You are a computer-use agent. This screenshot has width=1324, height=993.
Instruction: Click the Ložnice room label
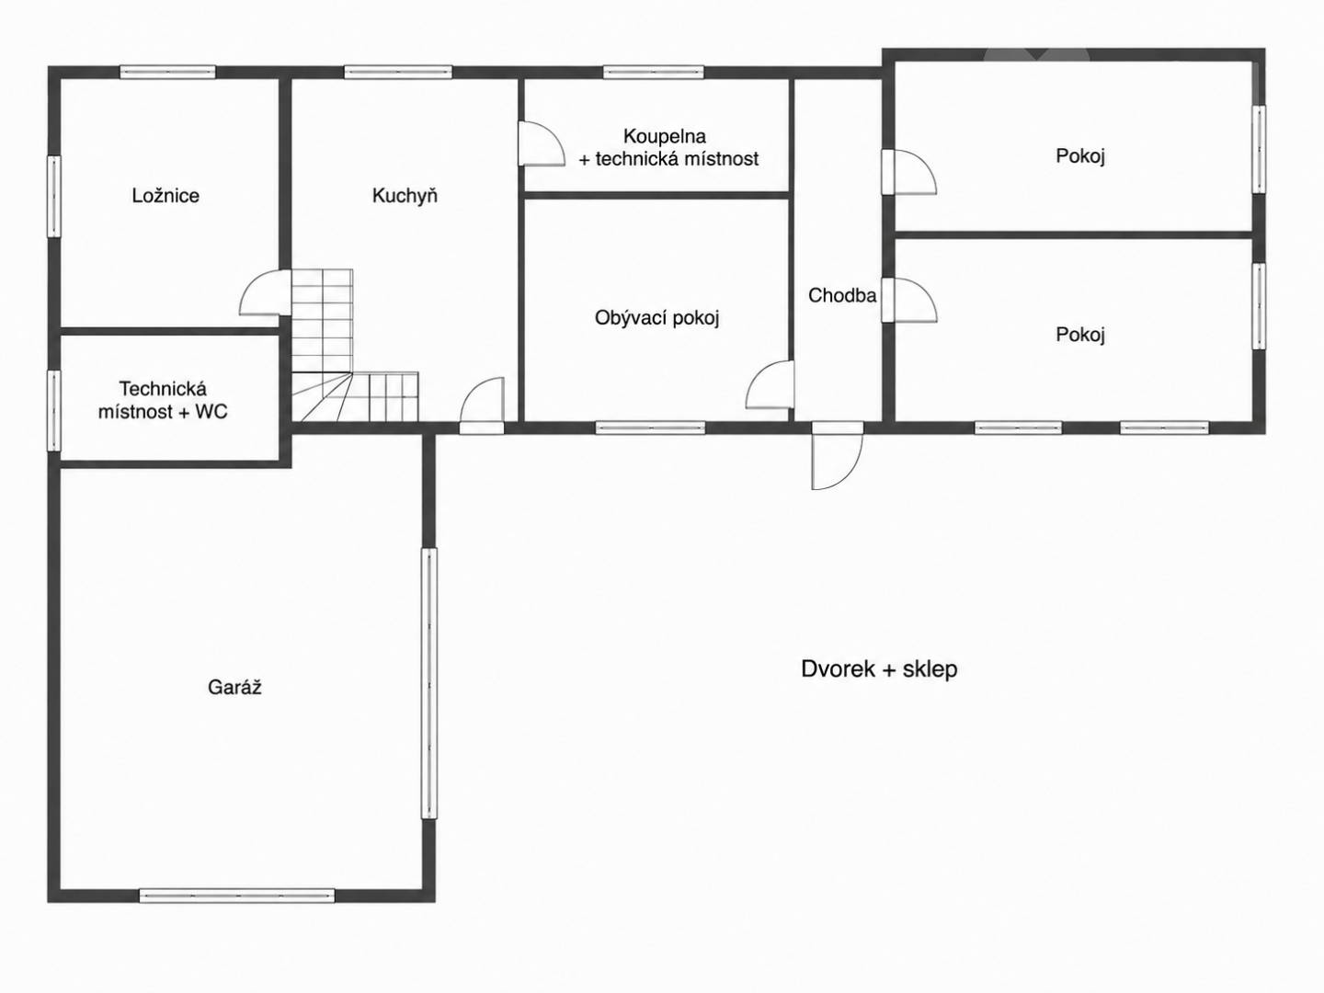point(165,196)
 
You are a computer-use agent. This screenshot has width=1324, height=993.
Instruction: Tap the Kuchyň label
point(405,196)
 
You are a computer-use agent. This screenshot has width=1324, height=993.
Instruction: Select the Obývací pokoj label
point(656,318)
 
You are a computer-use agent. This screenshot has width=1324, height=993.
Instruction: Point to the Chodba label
point(842,295)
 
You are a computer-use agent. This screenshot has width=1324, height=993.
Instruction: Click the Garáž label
point(234,687)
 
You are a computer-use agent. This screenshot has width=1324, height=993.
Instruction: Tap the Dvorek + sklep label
point(879,668)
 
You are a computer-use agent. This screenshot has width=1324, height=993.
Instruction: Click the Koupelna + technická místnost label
point(668,147)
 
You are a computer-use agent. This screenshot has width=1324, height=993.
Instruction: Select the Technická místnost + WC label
point(163,400)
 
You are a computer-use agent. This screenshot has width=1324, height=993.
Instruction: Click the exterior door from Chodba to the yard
point(838,455)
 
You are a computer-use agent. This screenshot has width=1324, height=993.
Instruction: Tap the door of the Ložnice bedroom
point(266,292)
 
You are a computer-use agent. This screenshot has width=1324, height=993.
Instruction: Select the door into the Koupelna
point(541,143)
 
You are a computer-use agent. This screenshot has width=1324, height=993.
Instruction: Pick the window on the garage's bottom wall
point(237,896)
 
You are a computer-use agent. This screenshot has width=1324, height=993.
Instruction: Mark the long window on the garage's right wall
point(428,682)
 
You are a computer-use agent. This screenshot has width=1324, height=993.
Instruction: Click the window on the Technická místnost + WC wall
point(54,411)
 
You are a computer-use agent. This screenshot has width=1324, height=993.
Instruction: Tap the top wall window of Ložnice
point(167,73)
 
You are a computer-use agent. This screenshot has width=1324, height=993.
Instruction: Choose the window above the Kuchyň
point(398,73)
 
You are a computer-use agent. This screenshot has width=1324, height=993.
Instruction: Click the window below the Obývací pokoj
point(650,428)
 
